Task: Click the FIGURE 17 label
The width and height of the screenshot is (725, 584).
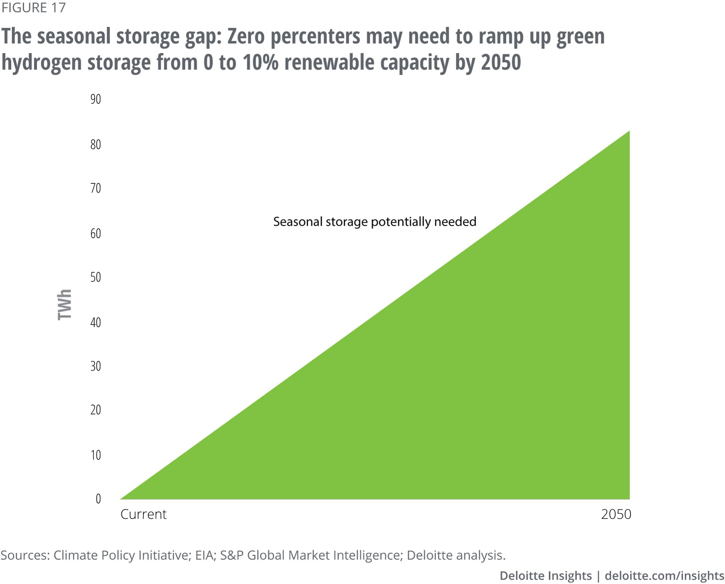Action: tap(33, 8)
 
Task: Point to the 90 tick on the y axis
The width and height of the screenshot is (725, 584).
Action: tap(96, 99)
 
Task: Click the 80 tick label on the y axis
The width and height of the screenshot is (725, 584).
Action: tap(96, 145)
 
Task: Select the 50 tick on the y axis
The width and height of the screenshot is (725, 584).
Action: tap(96, 277)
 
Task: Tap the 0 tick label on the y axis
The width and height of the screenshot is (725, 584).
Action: tap(98, 499)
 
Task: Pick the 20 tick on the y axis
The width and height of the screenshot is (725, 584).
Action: tap(96, 410)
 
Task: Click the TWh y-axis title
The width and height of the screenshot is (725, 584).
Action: tap(65, 305)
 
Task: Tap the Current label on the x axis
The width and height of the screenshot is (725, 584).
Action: tap(144, 514)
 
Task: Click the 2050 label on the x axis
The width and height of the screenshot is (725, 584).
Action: tap(616, 514)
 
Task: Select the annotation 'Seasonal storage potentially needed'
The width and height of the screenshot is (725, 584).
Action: tap(374, 221)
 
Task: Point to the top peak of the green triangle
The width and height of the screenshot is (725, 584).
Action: tap(629, 132)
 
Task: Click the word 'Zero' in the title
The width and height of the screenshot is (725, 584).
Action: tap(246, 37)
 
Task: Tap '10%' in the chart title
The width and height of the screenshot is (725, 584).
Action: tap(260, 62)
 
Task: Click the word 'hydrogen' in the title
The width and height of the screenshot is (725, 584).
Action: tap(41, 62)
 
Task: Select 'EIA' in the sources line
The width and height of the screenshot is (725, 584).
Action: tap(204, 555)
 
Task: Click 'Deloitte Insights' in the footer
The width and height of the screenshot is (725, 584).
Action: tap(546, 576)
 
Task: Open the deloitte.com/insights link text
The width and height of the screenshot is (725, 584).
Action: tap(664, 576)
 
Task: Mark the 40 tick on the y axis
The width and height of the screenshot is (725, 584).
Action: tap(96, 322)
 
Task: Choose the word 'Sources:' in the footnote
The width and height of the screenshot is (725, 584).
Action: tap(25, 555)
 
